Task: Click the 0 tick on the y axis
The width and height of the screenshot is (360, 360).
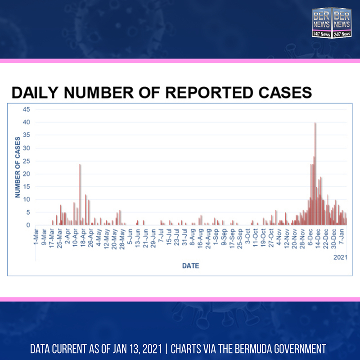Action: (x=28, y=225)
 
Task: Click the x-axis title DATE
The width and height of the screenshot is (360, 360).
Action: (x=190, y=266)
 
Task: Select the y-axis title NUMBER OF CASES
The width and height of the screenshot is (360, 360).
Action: (x=18, y=167)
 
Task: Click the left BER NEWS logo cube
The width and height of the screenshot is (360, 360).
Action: (x=322, y=23)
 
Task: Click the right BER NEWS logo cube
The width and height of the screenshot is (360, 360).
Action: (x=341, y=23)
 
